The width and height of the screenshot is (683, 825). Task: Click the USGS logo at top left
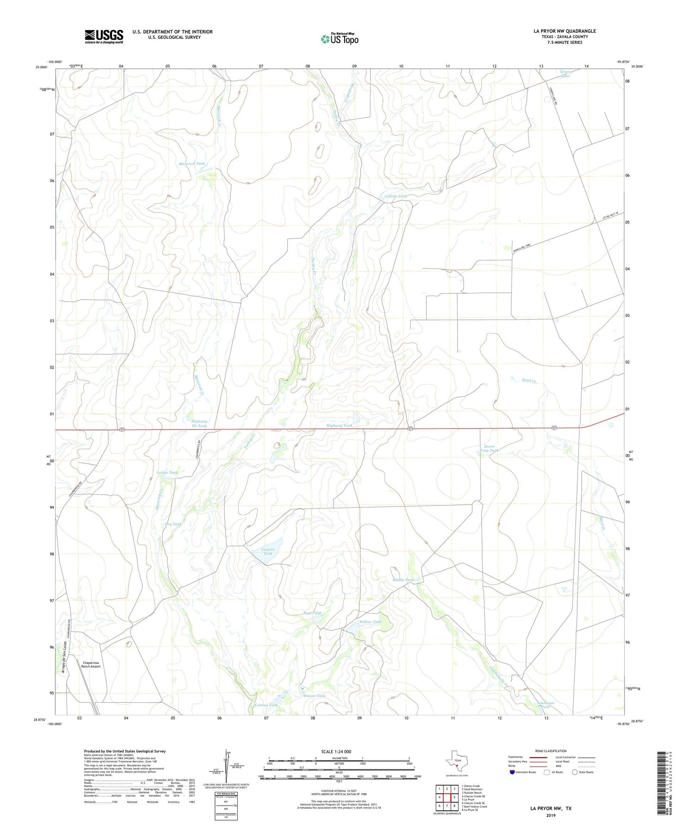point(104,36)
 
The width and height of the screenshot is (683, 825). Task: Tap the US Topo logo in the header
point(339,38)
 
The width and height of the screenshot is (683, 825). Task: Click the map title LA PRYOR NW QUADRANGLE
point(564,31)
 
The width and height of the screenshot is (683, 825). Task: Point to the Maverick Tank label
point(192,163)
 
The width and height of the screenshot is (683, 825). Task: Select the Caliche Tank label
point(395,196)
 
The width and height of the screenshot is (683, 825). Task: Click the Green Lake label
point(565,73)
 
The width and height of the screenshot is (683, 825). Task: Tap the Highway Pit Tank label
point(199,423)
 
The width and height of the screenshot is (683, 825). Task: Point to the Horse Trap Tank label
point(489,448)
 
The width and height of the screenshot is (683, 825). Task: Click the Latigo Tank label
point(167,473)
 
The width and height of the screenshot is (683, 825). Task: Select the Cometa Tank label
point(268,551)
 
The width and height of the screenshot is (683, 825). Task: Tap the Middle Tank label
point(403,580)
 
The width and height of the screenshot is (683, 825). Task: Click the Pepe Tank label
point(312,613)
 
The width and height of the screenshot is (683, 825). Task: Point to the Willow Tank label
point(371,622)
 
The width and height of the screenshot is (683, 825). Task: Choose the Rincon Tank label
point(314,696)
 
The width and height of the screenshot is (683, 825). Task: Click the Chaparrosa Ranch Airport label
point(92,664)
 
